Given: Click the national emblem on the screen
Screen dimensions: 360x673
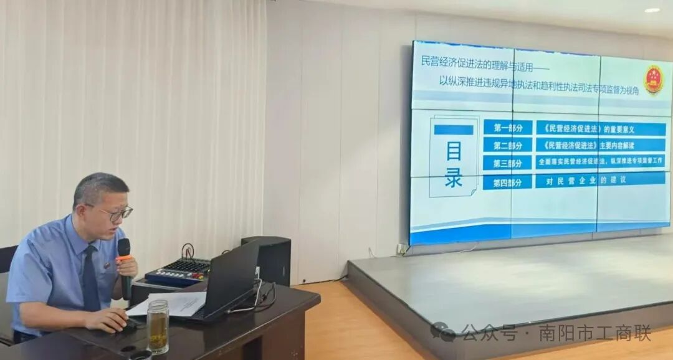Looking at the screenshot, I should (x=653, y=80).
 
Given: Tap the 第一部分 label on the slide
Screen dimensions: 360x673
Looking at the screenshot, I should (x=508, y=128).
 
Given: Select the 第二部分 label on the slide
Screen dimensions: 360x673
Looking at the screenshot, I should (x=508, y=145).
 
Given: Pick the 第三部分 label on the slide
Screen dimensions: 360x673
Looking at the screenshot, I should (x=508, y=163).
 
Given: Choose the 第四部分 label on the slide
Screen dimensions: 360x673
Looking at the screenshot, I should (x=508, y=182).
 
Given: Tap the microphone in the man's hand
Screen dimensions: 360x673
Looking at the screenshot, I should (x=125, y=262).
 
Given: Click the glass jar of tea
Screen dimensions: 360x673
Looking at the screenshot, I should (x=158, y=326).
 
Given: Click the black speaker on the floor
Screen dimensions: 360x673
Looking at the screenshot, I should (x=267, y=260).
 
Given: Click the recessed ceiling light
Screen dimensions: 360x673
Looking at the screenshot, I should (x=652, y=10).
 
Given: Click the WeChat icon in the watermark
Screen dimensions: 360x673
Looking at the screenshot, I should (x=442, y=332).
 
